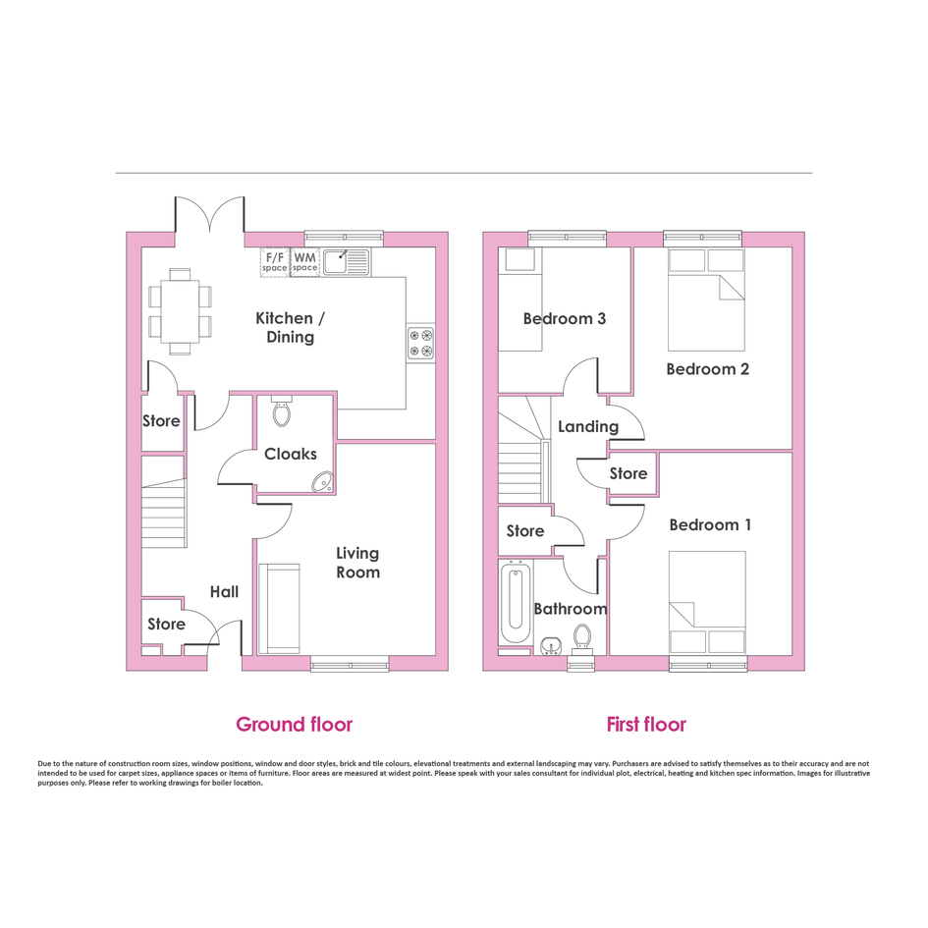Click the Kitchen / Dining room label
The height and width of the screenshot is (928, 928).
coord(290,327)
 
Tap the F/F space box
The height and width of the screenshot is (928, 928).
coord(275,262)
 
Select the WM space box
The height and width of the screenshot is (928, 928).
coord(304,262)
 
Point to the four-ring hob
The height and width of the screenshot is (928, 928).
coord(421,344)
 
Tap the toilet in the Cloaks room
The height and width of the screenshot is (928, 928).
coord(282,410)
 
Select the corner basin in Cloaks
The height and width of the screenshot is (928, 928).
coord(323,482)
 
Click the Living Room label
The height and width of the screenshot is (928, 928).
coord(358,563)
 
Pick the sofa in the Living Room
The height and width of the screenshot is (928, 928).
coord(279,609)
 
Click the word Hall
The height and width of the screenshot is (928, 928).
coord(224,592)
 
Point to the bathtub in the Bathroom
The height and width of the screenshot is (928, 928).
coord(515,602)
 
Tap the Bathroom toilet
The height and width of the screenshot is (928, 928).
coord(581,639)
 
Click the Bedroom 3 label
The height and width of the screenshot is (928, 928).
coord(565,319)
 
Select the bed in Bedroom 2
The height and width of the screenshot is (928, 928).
coord(706,300)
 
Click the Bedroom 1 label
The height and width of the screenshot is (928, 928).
coord(710,525)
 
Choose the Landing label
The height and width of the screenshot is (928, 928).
coord(588,427)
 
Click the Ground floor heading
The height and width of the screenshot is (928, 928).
coord(295,725)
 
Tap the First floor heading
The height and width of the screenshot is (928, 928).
coord(646,725)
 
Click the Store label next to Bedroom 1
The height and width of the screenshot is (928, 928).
coord(628,473)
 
